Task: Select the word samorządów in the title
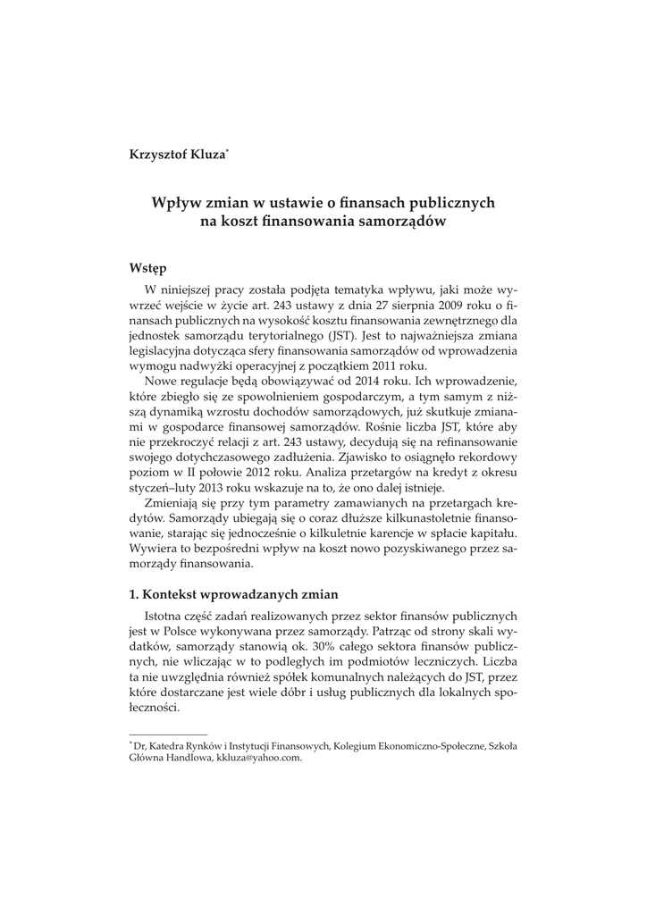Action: point(400,222)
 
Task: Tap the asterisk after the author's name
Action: point(229,151)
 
